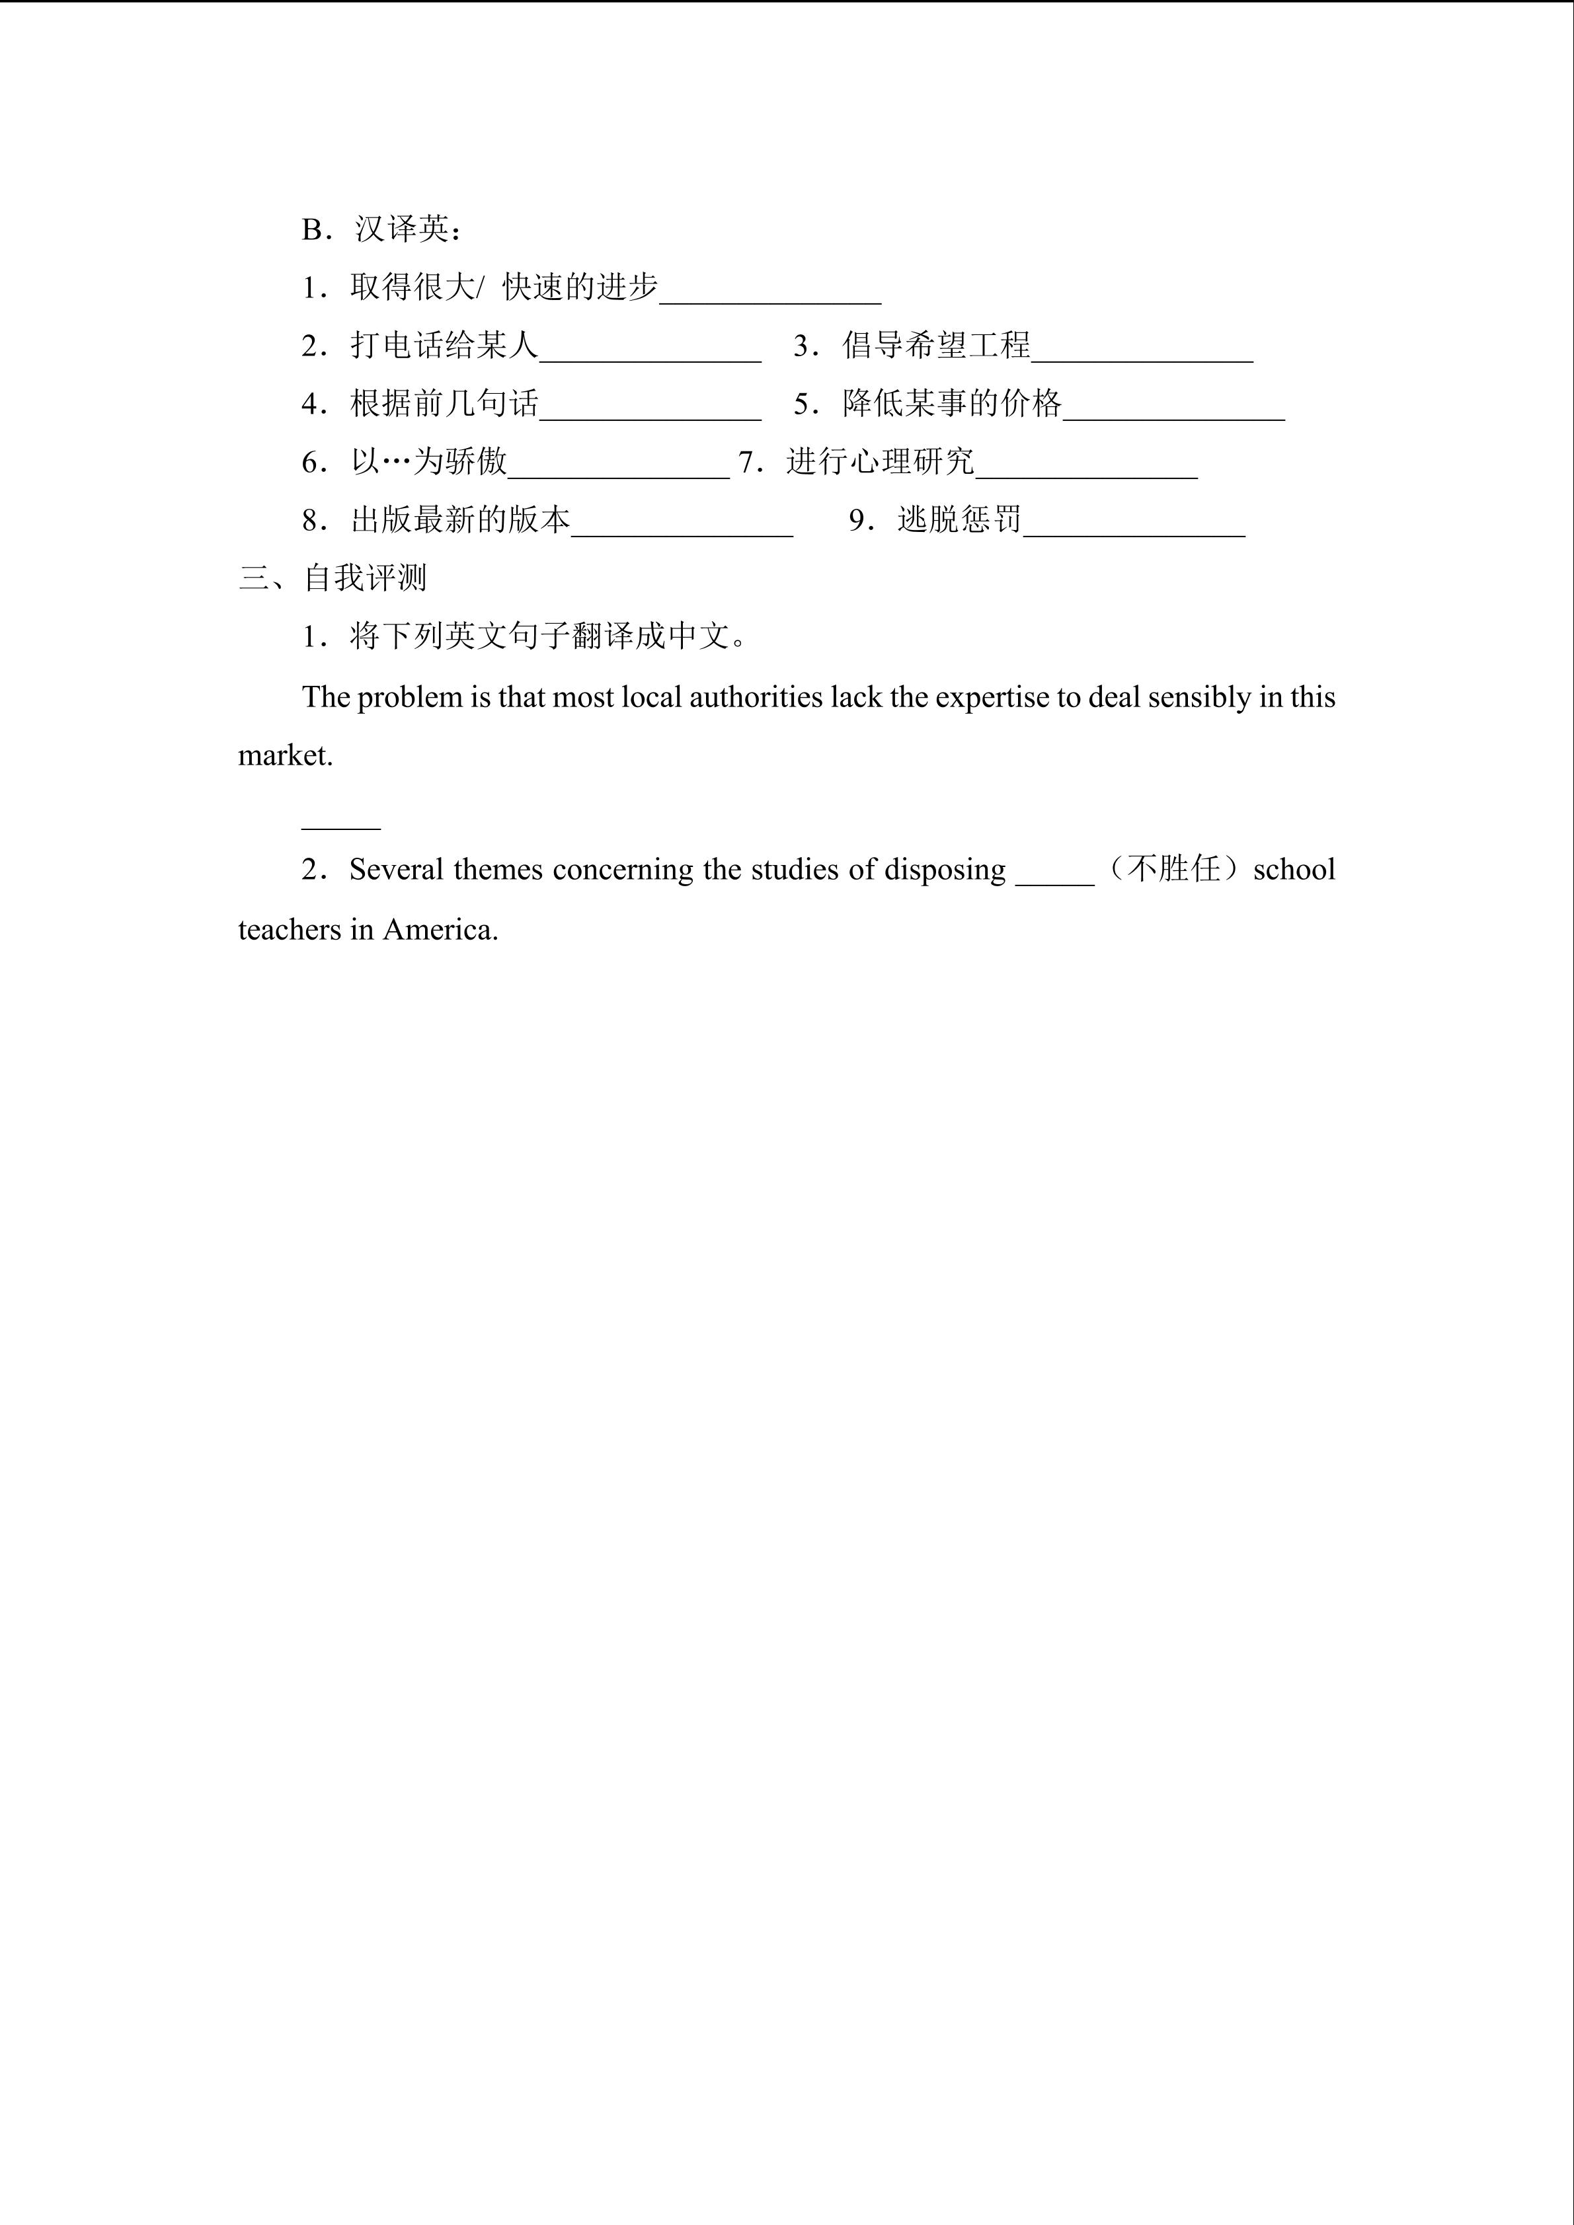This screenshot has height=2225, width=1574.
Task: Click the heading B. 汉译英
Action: click(x=382, y=230)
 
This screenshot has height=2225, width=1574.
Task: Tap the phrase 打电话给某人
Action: click(x=444, y=345)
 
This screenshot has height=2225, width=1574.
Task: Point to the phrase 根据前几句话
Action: click(x=444, y=403)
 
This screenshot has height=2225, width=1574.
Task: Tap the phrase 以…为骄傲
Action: click(x=428, y=461)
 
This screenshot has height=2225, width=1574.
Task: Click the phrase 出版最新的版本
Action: click(x=459, y=519)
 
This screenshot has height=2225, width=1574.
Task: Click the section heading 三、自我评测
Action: click(x=333, y=578)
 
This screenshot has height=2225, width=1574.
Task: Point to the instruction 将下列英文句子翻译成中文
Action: click(x=547, y=636)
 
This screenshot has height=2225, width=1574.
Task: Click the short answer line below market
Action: click(x=340, y=825)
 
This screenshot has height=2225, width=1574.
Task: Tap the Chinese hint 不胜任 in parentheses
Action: click(x=1173, y=868)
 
